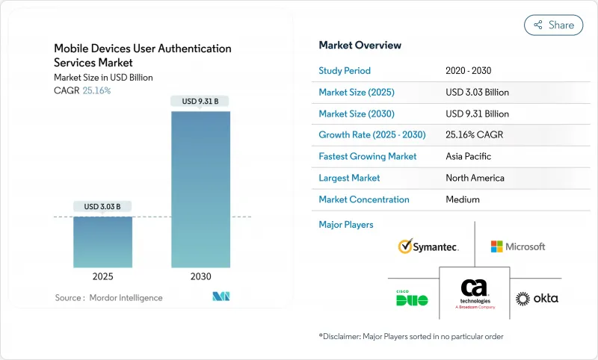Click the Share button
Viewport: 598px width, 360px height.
(x=553, y=25)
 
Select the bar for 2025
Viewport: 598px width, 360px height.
(x=102, y=242)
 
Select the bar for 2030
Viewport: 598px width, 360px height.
(x=200, y=190)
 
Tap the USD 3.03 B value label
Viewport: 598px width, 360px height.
(x=102, y=206)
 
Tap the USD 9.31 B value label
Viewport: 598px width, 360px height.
(x=200, y=101)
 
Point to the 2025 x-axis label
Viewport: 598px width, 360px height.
(x=102, y=276)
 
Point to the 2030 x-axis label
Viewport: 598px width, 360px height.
(x=200, y=276)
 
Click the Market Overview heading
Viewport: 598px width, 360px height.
(x=360, y=45)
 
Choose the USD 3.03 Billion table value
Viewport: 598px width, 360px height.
(x=477, y=93)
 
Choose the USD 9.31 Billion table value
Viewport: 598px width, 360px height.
(x=477, y=114)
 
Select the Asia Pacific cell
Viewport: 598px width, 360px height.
(x=469, y=157)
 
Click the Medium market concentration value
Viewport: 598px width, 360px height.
(x=463, y=199)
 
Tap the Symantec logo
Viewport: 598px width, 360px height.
(x=428, y=246)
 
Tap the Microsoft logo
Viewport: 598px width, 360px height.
(x=518, y=246)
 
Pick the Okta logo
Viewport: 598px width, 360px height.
(x=537, y=298)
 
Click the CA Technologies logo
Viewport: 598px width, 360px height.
(x=474, y=294)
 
